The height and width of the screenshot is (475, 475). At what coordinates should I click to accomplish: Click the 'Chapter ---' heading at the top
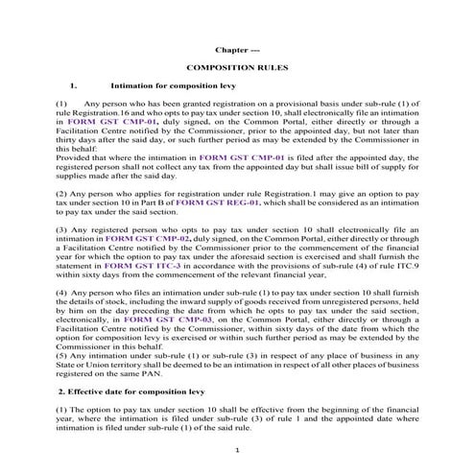[236, 47]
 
